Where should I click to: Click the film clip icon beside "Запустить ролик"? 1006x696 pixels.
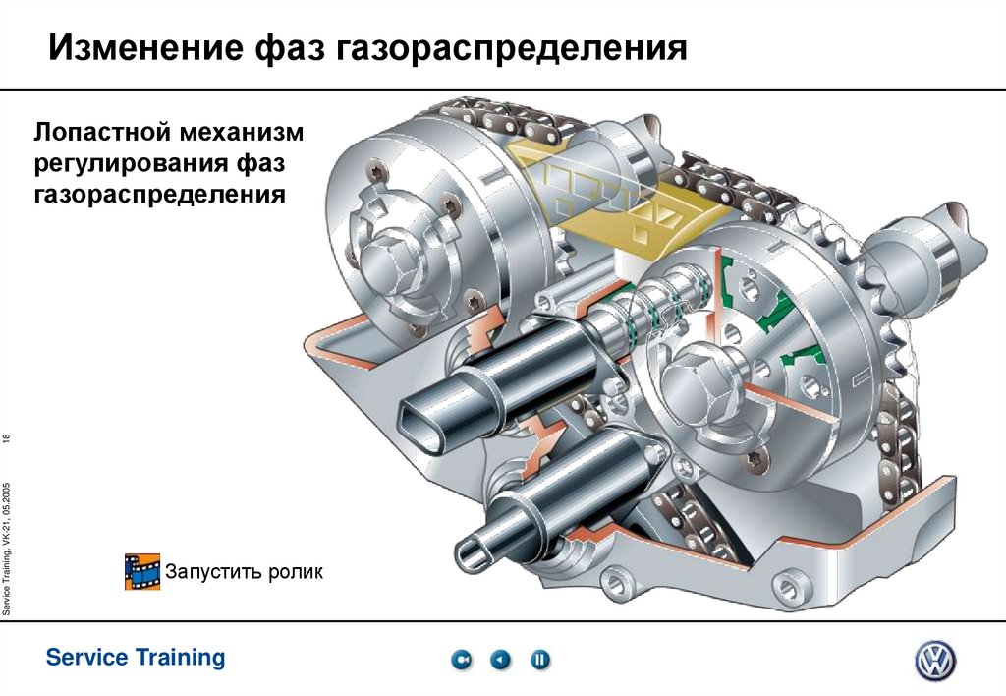[141, 571]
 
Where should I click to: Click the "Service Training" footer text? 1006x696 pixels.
[136, 657]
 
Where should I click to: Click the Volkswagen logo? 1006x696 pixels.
[934, 660]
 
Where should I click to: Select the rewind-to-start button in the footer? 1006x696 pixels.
[462, 660]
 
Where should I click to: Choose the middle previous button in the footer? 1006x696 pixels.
[501, 660]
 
